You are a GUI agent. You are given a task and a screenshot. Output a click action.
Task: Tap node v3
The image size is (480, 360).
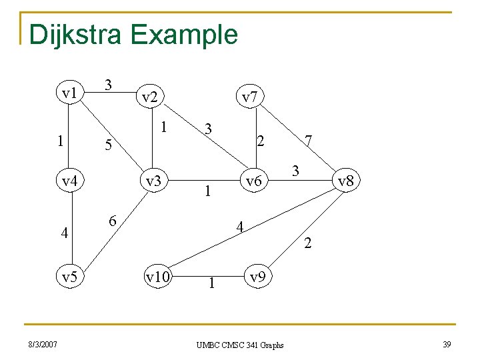[x=154, y=180]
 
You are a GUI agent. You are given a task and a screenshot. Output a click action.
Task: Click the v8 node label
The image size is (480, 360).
[x=346, y=180]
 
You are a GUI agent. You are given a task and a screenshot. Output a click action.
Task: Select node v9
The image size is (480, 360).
[x=259, y=275]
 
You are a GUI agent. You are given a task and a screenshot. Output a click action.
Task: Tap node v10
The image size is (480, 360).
[x=157, y=275]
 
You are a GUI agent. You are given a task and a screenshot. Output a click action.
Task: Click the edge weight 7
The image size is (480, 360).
[x=308, y=141]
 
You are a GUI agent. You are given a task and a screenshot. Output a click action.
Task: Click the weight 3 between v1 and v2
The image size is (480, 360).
[x=109, y=85]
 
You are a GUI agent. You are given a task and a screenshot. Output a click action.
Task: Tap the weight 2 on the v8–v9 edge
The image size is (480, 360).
[x=307, y=244]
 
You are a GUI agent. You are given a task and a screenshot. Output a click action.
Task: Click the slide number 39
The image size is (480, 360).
[x=447, y=344]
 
